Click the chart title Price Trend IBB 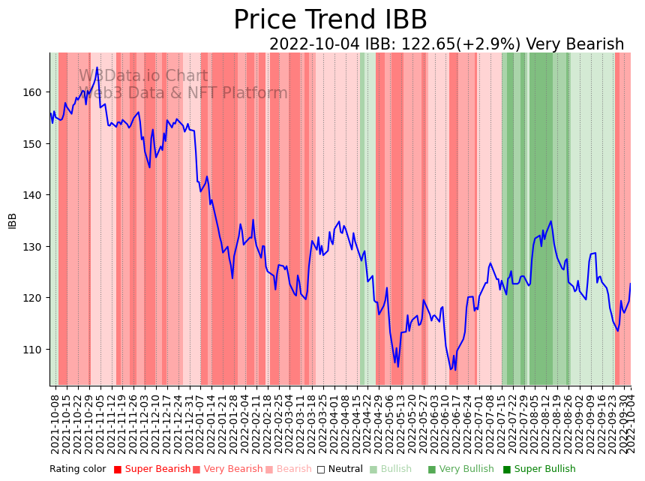pyautogui.click(x=330, y=20)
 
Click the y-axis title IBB pyautogui.click(x=12, y=221)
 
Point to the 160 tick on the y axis pyautogui.click(x=35, y=92)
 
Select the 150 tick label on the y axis pyautogui.click(x=35, y=143)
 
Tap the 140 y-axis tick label pyautogui.click(x=35, y=195)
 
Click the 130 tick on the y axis pyautogui.click(x=35, y=247)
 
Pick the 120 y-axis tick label pyautogui.click(x=35, y=298)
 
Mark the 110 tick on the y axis pyautogui.click(x=35, y=350)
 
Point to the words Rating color pyautogui.click(x=78, y=470)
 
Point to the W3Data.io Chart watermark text pyautogui.click(x=143, y=76)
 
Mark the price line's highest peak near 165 pyautogui.click(x=97, y=68)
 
